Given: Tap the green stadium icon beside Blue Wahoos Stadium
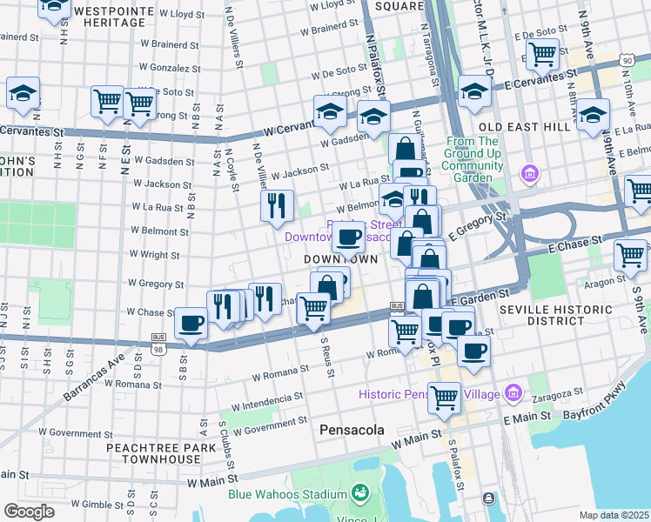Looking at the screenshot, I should coord(359,494).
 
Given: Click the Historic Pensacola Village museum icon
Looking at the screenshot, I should coord(514,394).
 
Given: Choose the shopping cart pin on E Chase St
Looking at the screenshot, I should coord(630,255).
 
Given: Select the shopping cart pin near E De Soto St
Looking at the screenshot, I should coord(542,53).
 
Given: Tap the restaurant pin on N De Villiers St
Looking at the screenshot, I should coord(273,205).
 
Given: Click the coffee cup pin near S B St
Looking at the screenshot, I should coord(191,323).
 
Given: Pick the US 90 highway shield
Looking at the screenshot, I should coord(627,59).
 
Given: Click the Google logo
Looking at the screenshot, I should coord(28,512).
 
